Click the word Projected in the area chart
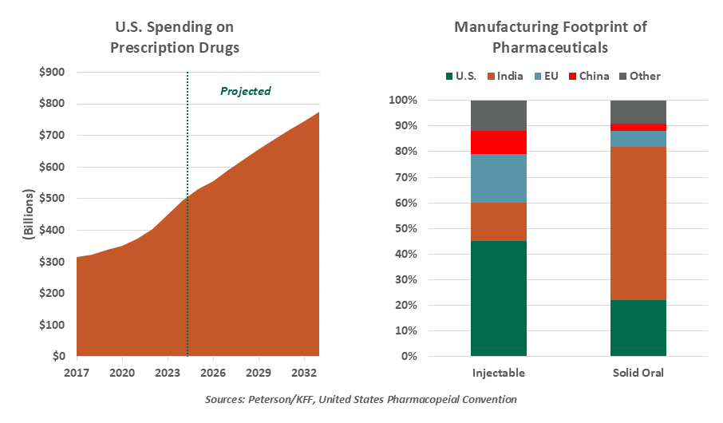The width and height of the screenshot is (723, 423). [x=246, y=91]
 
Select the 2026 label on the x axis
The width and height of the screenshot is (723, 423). [x=212, y=372]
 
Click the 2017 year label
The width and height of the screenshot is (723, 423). [x=77, y=372]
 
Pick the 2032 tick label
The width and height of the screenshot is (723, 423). [x=303, y=372]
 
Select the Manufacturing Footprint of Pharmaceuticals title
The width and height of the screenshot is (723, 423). [x=551, y=38]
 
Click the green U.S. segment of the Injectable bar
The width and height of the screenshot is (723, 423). [x=499, y=298]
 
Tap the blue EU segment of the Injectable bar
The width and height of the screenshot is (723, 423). [x=499, y=178]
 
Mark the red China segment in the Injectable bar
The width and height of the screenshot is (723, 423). [x=499, y=142]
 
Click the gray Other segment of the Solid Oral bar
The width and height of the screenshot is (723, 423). [x=638, y=112]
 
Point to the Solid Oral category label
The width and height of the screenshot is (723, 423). [x=638, y=373]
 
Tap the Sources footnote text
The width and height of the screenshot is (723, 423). [x=361, y=399]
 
